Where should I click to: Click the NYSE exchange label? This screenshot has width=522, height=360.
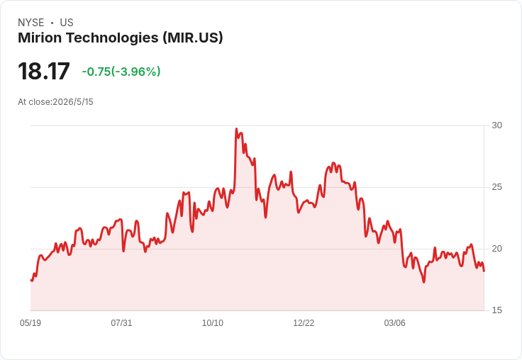coord(31,23)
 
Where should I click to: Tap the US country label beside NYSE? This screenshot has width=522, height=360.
coord(67,23)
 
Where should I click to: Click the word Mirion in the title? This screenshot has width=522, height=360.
coord(40,38)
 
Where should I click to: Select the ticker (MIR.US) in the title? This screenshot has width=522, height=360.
coord(193,38)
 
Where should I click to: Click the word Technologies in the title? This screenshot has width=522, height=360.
coord(113,38)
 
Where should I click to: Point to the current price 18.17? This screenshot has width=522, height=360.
coord(44,71)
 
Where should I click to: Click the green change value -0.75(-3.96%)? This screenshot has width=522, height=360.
coord(121,72)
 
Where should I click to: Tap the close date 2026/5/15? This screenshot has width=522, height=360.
coord(73,102)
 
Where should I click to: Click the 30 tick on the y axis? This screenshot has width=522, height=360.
coord(496,125)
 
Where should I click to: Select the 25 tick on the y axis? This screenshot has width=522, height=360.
coord(496,187)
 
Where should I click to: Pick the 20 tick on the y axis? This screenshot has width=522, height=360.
coord(496,249)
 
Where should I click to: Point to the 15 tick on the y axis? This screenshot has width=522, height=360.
coord(496,310)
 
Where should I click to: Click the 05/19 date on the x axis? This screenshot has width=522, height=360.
coord(30,323)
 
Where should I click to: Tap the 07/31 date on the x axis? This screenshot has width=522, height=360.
coord(121,323)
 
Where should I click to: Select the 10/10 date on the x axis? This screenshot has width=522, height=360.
coord(213,323)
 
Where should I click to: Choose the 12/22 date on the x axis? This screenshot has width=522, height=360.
coord(304,323)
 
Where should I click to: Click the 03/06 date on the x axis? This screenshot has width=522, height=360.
coord(395,323)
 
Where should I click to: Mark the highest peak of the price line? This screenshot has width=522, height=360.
coord(236,129)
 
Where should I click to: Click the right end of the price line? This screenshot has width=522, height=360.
coord(484,271)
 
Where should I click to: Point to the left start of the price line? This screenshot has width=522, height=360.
coord(31,280)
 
